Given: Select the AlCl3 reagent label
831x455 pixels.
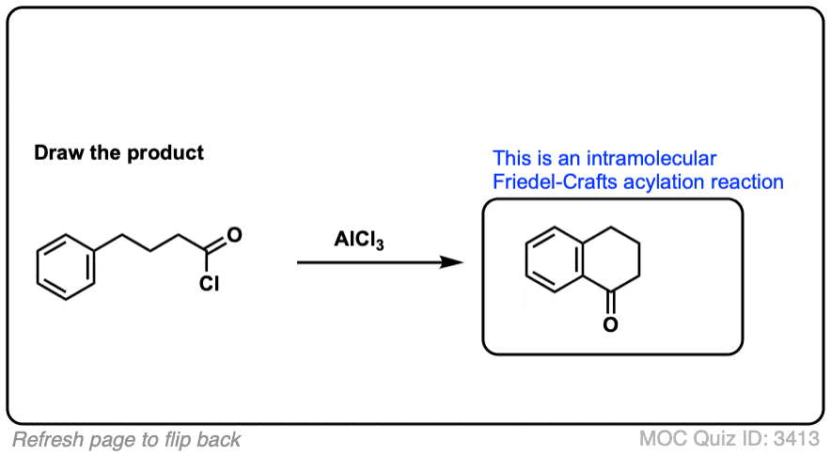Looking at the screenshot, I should [x=359, y=241].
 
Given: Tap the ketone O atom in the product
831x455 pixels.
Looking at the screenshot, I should [x=610, y=325].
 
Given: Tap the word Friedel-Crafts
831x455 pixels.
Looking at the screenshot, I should [x=550, y=180].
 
